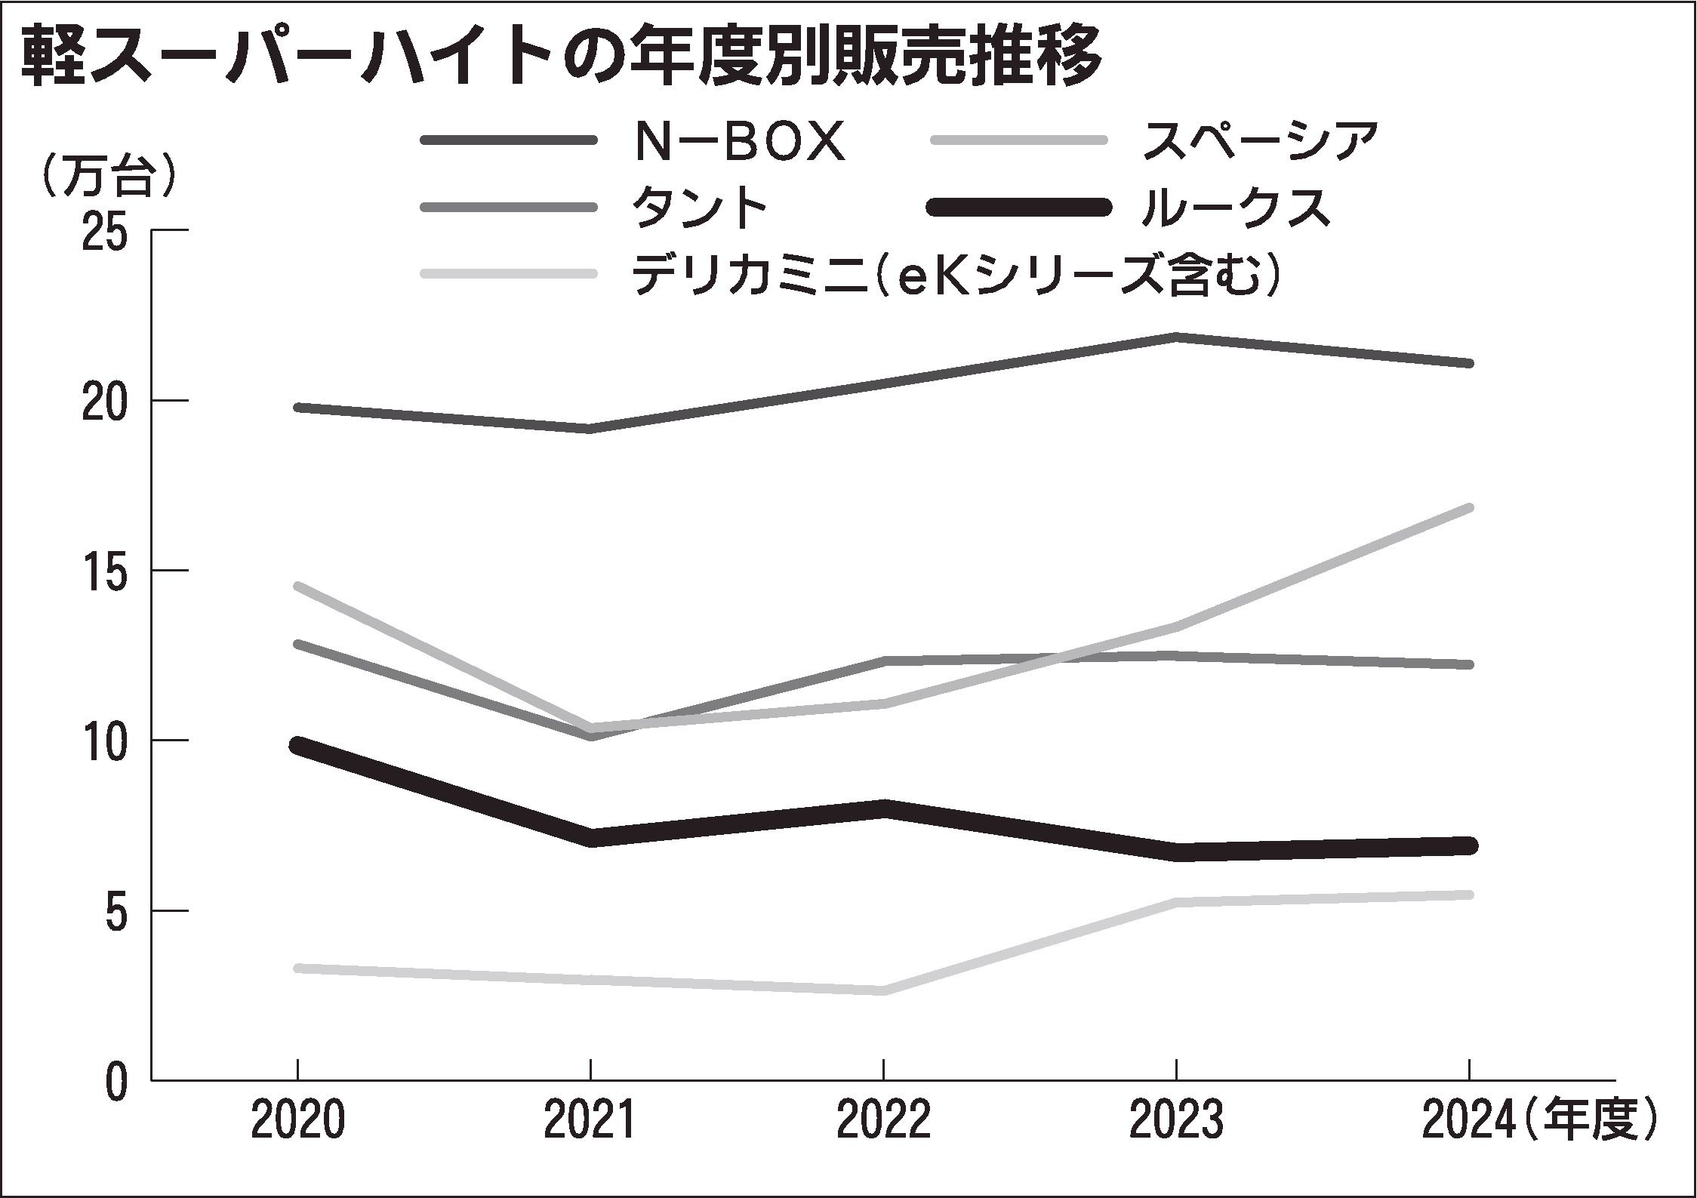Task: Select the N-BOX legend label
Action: click(738, 141)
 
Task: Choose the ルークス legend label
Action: click(1234, 207)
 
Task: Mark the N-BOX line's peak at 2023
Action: click(1175, 336)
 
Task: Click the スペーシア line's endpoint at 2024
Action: click(1467, 508)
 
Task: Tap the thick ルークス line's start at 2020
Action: click(299, 745)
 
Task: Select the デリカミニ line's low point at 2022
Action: click(882, 990)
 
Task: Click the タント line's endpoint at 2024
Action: click(1467, 664)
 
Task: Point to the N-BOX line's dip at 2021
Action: click(590, 429)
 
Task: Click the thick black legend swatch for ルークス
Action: click(1020, 207)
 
